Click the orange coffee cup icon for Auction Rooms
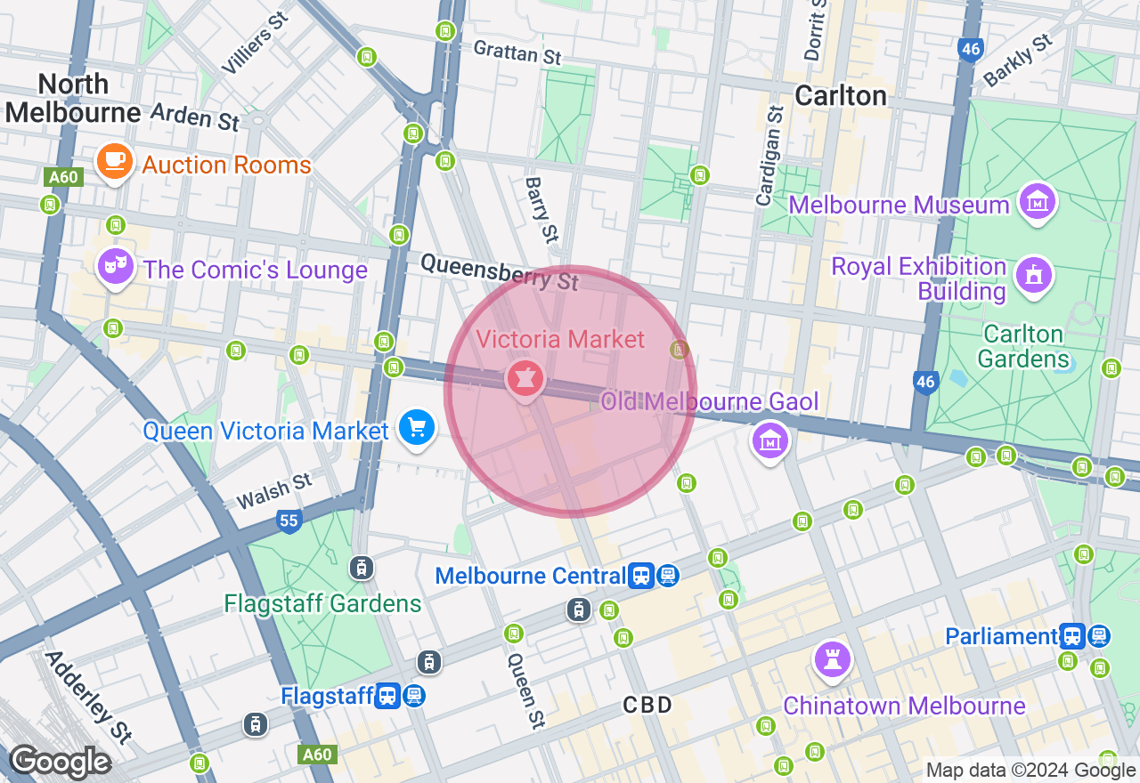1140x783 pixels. pyautogui.click(x=115, y=161)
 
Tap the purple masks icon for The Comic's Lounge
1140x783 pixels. pyautogui.click(x=115, y=266)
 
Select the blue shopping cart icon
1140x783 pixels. pyautogui.click(x=416, y=428)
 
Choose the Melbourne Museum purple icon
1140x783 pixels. pyautogui.click(x=1038, y=202)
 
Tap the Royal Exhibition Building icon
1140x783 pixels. pyautogui.click(x=1034, y=273)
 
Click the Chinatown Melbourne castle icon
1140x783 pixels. pyautogui.click(x=833, y=659)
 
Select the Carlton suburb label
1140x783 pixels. pyautogui.click(x=841, y=96)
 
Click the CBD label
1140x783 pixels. pyautogui.click(x=647, y=706)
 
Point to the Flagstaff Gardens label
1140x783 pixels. pyautogui.click(x=322, y=603)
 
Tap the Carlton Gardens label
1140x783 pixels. pyautogui.click(x=1023, y=347)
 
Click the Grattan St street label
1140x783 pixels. pyautogui.click(x=517, y=52)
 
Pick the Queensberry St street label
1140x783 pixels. pyautogui.click(x=499, y=271)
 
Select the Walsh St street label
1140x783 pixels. pyautogui.click(x=274, y=491)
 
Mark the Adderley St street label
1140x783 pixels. pyautogui.click(x=87, y=698)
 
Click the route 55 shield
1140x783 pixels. pyautogui.click(x=289, y=521)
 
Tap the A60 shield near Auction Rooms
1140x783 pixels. pyautogui.click(x=63, y=177)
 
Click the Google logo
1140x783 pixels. pyautogui.click(x=60, y=763)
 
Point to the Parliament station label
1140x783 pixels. pyautogui.click(x=1001, y=636)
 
